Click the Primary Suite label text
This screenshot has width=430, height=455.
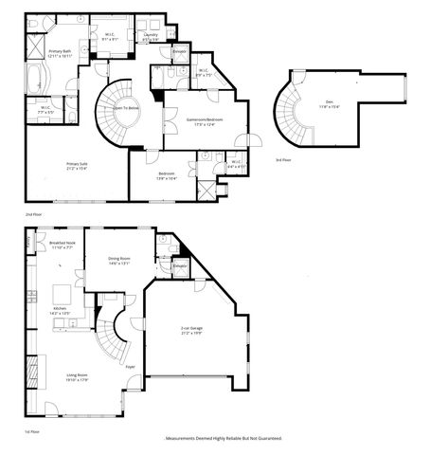[79, 164]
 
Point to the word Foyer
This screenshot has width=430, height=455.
[131, 366]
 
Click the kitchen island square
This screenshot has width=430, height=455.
[79, 289]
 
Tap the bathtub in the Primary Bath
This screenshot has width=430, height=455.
[35, 80]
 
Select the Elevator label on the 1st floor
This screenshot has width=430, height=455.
[180, 266]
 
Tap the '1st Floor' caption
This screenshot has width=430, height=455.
[33, 430]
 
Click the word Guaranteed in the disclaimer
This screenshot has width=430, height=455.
[266, 439]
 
